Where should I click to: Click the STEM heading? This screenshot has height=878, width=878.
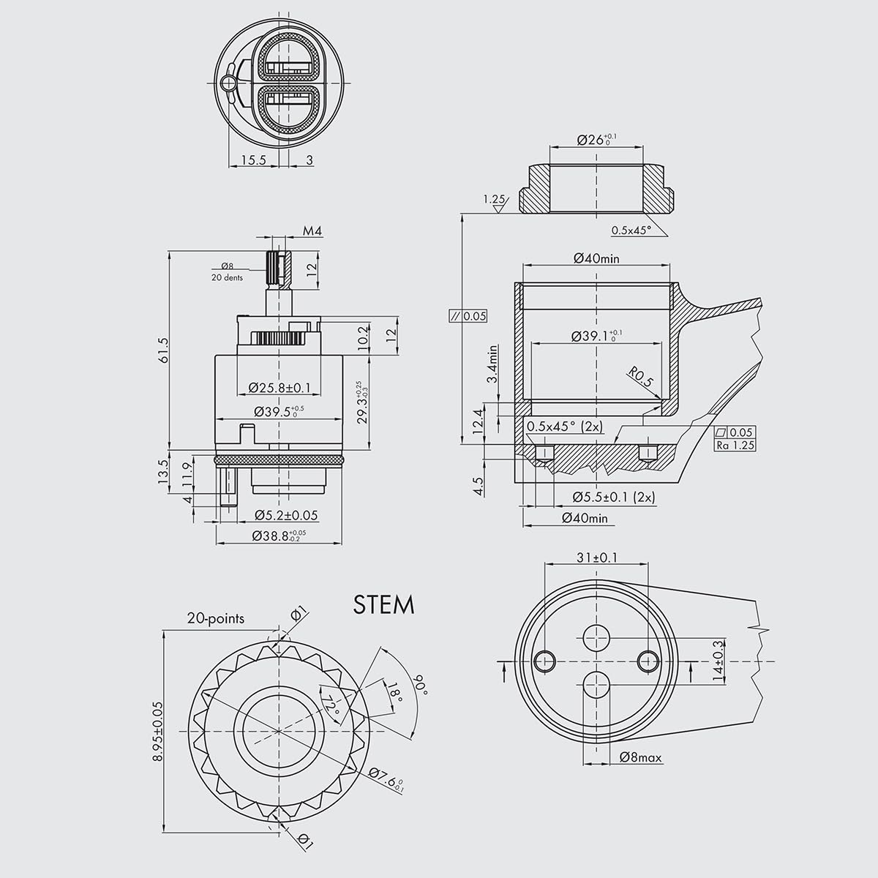383,605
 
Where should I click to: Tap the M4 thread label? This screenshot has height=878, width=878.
312,231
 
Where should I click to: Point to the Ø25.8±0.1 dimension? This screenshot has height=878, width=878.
279,386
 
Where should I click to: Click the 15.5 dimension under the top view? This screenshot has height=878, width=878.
252,160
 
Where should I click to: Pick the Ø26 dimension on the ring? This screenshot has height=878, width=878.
596,139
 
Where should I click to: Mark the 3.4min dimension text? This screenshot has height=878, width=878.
494,364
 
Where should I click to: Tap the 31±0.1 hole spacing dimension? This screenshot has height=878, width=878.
596,558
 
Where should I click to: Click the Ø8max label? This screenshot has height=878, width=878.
640,758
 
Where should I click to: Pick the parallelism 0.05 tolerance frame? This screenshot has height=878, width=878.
468,316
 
